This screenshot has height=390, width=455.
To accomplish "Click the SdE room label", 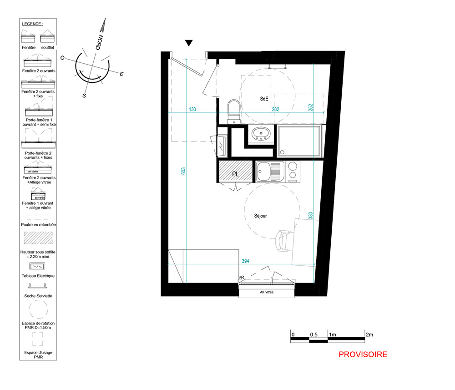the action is [264, 99].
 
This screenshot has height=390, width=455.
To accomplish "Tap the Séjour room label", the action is [260, 216].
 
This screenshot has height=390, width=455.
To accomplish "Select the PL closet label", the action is [235, 174].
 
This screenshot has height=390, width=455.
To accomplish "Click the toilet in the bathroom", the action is [234, 111].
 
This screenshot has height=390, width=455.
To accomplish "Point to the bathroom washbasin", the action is [261, 134].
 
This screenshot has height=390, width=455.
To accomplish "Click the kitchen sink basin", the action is [263, 172].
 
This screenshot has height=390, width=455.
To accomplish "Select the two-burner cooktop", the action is [293, 171].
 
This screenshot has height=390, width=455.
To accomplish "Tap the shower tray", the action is [299, 141].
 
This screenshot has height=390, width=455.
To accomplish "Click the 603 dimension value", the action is [183, 171].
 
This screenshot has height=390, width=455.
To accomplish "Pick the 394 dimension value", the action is [246, 261].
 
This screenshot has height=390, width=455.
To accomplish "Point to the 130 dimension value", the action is [192, 109].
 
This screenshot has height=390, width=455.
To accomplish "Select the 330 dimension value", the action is [310, 216].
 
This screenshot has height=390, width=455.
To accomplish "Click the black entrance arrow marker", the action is [189, 43].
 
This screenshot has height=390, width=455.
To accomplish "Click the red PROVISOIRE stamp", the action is [363, 355].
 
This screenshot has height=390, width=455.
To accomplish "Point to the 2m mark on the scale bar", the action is [369, 334].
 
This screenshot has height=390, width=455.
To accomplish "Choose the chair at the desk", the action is [283, 241].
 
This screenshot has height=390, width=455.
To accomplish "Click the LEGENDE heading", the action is [32, 24].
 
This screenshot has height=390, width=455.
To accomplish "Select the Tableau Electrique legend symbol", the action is [37, 266].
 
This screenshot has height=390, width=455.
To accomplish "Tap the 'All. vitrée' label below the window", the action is [267, 292].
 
